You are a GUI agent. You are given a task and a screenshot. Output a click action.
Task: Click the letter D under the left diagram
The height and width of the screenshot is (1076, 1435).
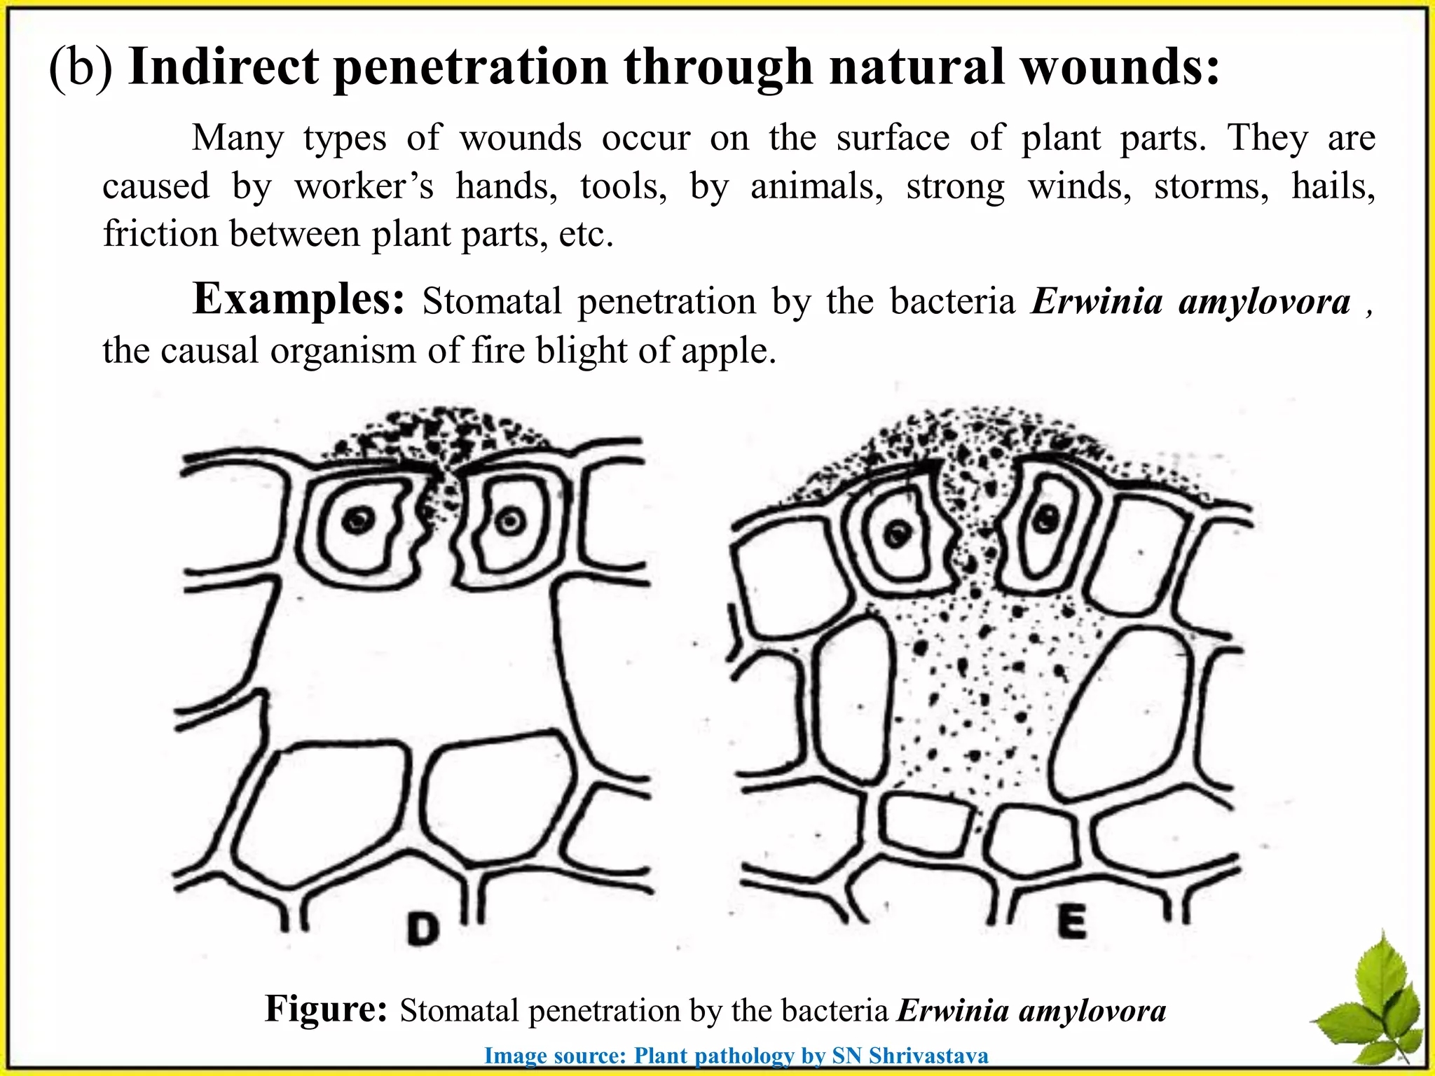pos(424,929)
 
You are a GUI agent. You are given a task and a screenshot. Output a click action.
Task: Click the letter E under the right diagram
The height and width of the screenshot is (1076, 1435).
pos(1072,922)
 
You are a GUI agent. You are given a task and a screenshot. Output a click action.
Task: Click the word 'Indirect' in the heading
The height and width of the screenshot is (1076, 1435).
pos(224,67)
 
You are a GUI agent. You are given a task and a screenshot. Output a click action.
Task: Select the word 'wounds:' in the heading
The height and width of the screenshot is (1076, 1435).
pos(1119,67)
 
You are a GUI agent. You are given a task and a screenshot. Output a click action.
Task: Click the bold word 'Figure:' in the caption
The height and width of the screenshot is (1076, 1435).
pos(326,1009)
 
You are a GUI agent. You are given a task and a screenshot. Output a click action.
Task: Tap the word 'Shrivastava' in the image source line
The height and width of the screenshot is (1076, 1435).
pos(928,1056)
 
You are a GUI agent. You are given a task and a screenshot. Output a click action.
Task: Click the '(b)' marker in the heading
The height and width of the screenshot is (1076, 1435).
pos(81,69)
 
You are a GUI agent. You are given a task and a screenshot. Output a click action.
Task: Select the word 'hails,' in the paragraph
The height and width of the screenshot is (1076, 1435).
pos(1333,186)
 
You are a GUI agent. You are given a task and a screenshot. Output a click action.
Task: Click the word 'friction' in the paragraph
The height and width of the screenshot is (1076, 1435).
pos(160,233)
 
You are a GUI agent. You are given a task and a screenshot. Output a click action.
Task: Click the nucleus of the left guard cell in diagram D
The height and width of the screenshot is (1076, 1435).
pos(358,520)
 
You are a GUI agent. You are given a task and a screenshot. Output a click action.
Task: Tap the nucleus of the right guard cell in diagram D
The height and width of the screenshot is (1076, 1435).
pos(509,520)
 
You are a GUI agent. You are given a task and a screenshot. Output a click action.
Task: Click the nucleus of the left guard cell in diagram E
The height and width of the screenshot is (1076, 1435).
pos(897,534)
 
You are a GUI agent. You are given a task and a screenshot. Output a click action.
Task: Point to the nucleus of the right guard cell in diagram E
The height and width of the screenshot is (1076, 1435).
pos(1047,519)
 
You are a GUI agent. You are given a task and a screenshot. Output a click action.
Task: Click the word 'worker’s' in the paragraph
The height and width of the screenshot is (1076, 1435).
pos(364,186)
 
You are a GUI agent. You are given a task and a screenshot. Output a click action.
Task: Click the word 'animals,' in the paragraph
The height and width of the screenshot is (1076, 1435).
pos(817,186)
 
